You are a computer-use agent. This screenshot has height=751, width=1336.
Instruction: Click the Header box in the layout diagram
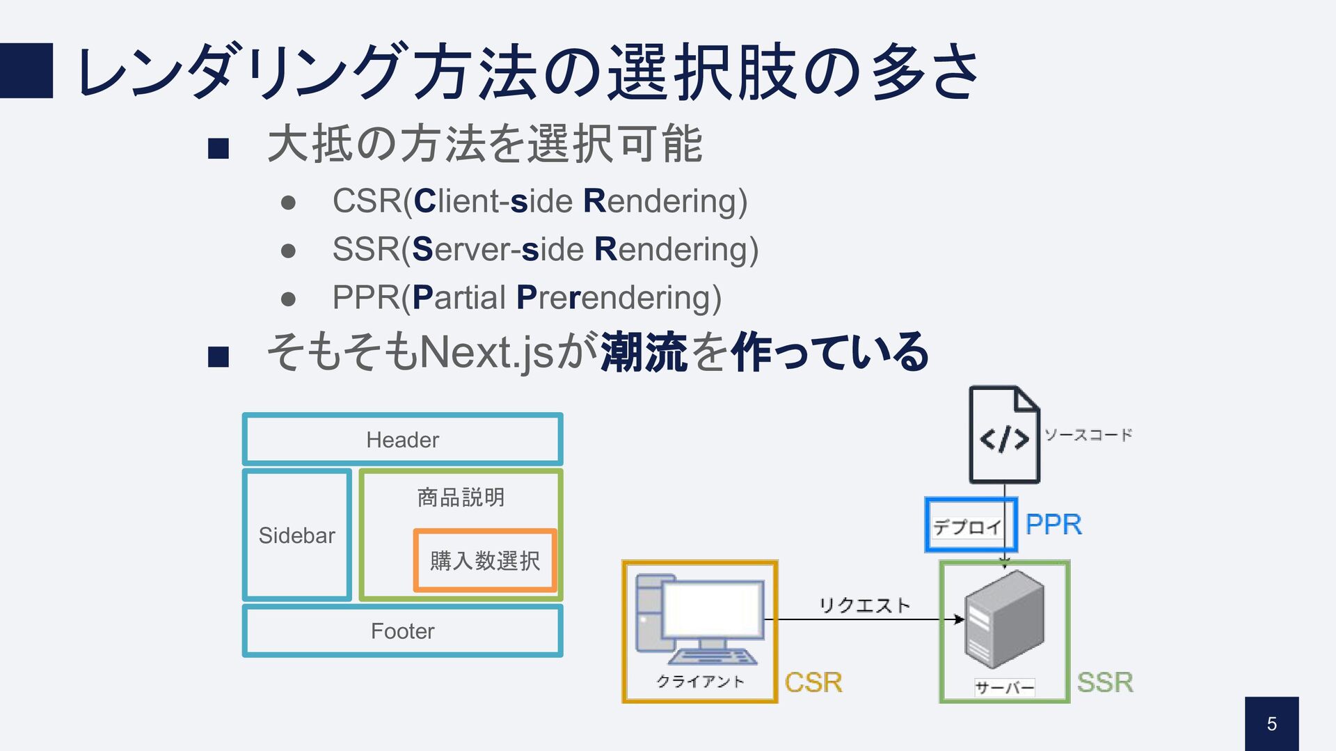(402, 439)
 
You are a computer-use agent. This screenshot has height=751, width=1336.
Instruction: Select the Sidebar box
(296, 535)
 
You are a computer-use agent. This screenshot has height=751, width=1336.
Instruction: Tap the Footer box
(402, 631)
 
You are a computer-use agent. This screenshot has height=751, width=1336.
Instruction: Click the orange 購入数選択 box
(485, 560)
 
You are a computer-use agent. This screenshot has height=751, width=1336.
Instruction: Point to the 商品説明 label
(461, 497)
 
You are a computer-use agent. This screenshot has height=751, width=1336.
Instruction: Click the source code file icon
(1004, 435)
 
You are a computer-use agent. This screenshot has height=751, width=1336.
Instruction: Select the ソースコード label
(1088, 435)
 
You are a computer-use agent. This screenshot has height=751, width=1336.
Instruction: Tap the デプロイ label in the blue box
(967, 527)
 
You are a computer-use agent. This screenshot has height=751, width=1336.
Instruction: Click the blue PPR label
(1053, 524)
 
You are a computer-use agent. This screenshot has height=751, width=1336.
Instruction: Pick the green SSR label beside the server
(1105, 682)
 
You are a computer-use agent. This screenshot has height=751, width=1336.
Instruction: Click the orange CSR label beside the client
(813, 682)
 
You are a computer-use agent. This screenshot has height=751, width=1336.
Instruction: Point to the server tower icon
(1004, 617)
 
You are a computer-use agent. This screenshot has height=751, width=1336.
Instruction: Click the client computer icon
(699, 619)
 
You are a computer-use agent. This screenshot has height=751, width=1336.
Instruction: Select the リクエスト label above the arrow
(864, 605)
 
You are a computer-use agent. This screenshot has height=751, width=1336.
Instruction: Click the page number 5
(1271, 724)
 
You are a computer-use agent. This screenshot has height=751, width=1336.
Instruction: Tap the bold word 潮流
(644, 352)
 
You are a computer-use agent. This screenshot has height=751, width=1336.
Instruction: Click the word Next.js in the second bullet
(486, 352)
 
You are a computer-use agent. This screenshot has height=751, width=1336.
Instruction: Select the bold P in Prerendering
(526, 298)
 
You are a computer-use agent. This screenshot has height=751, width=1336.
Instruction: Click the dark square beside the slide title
(26, 70)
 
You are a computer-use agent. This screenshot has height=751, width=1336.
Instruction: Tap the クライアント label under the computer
(700, 681)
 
